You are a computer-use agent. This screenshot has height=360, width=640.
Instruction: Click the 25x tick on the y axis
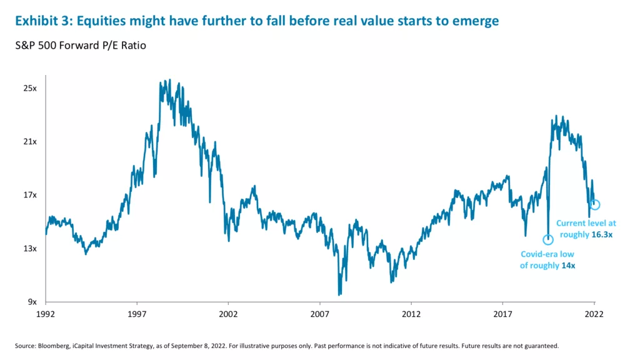tap(29, 88)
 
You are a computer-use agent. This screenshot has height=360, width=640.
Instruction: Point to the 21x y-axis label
tap(29, 142)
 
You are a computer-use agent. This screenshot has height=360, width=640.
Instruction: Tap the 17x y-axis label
tap(29, 195)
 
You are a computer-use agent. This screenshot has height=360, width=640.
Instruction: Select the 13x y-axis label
tap(29, 249)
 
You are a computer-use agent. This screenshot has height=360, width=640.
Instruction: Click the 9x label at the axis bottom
tap(32, 302)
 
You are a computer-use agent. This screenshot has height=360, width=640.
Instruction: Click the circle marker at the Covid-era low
tap(548, 240)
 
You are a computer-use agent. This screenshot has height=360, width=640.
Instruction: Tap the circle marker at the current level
tap(595, 205)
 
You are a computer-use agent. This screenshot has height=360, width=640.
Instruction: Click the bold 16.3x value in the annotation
tap(600, 234)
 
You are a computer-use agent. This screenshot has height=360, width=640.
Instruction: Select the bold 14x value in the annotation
tap(567, 266)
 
